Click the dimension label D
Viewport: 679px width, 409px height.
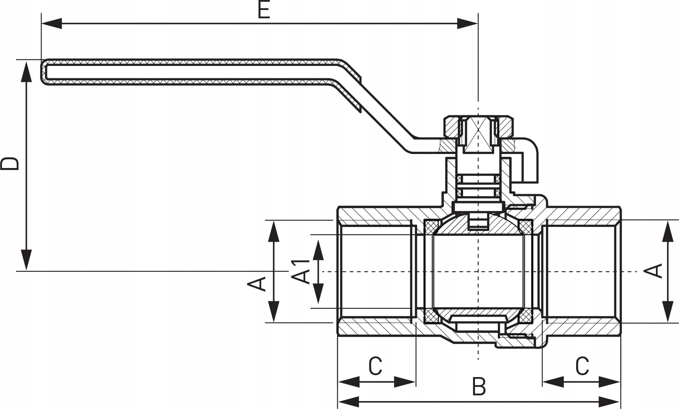pos(10,164)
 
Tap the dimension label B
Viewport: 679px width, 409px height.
pos(479,386)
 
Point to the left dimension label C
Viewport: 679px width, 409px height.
pos(375,366)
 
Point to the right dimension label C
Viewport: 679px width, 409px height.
pos(582,366)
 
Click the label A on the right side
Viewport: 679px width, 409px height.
pos(654,271)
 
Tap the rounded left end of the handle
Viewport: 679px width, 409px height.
pos(44,72)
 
